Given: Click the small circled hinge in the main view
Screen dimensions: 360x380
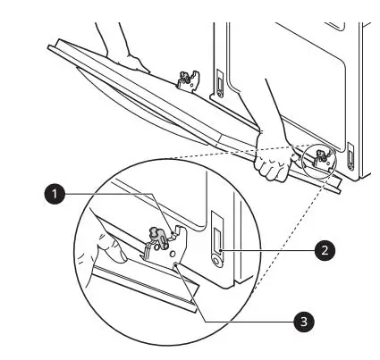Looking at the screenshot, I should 321,157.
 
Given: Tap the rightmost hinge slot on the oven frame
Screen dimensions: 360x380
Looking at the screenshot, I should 350,159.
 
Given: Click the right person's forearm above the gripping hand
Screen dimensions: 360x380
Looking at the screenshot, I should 277,107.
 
